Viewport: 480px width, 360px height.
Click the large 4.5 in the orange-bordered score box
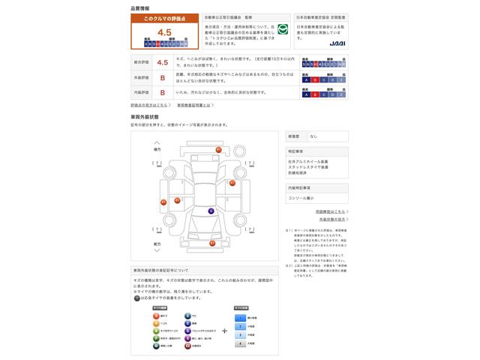pyautogui.click(x=164, y=33)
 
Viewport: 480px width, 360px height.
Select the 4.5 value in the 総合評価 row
pyautogui.click(x=162, y=63)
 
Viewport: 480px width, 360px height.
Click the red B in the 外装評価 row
pyautogui.click(x=162, y=78)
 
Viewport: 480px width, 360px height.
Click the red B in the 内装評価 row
pyautogui.click(x=162, y=93)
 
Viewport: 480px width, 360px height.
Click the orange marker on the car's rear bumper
pyautogui.click(x=218, y=150)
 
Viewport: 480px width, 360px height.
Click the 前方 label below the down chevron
pyautogui.click(x=157, y=244)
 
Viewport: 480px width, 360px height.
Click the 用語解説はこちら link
pyautogui.click(x=331, y=212)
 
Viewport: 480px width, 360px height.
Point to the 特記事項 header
pyautogui.click(x=295, y=151)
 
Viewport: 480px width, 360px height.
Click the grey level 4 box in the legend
pyautogui.click(x=241, y=343)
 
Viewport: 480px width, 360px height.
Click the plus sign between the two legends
pyautogui.click(x=223, y=330)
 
